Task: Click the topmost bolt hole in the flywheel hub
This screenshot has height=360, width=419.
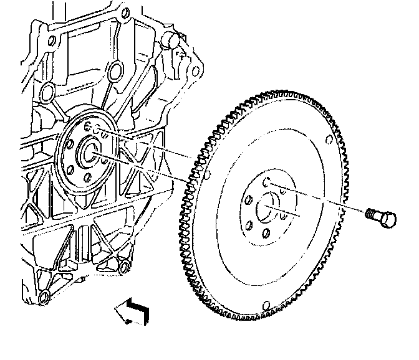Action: point(267,182)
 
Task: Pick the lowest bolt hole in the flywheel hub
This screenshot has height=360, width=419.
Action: point(266,233)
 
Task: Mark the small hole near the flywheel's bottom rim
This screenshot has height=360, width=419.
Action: point(267,305)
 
